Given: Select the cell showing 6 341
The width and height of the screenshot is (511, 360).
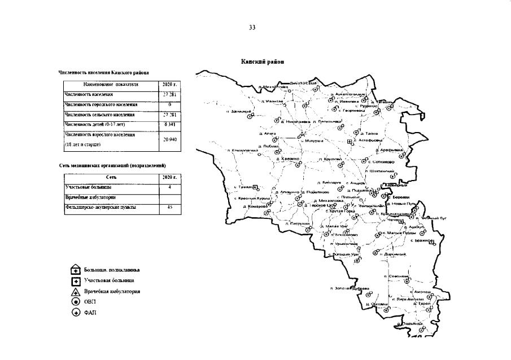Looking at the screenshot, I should coord(170,124).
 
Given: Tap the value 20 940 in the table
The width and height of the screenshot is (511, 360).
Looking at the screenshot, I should coord(170,139).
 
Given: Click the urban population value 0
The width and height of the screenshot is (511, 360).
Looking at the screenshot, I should coord(170,104).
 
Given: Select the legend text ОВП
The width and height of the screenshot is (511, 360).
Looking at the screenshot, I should coord(90,302).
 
